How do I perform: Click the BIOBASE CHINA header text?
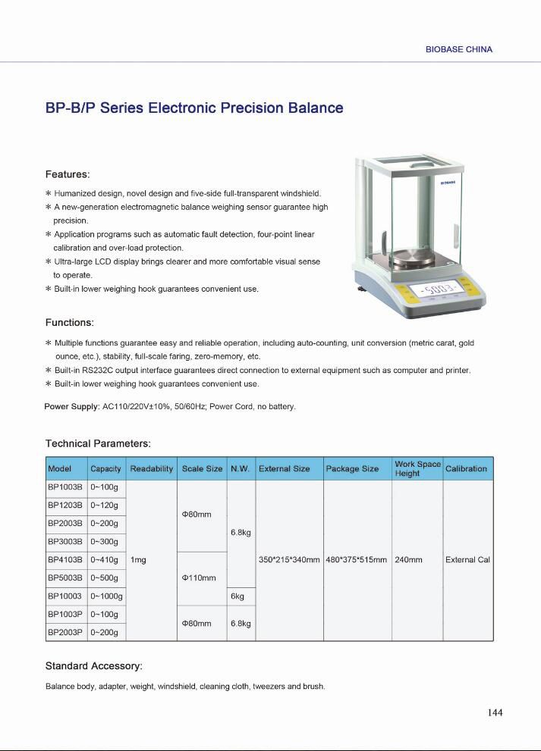pos(459,49)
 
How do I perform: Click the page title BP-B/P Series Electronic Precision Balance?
pos(194,108)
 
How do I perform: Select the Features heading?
pos(68,174)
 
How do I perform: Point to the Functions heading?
pos(70,323)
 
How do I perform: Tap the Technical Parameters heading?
pos(98,443)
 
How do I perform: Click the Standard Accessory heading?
pos(94,666)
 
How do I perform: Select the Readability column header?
pos(152,468)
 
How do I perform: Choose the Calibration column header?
pos(466,468)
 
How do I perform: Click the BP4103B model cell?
pos(65,560)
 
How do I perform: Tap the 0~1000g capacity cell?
pos(106,596)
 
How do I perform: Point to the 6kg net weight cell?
pos(237,596)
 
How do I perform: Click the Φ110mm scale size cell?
pos(200,578)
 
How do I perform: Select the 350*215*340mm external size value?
pos(289,560)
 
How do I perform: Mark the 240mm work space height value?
pos(409,560)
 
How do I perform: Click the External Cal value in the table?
pos(467,560)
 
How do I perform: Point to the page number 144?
pos(495,712)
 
